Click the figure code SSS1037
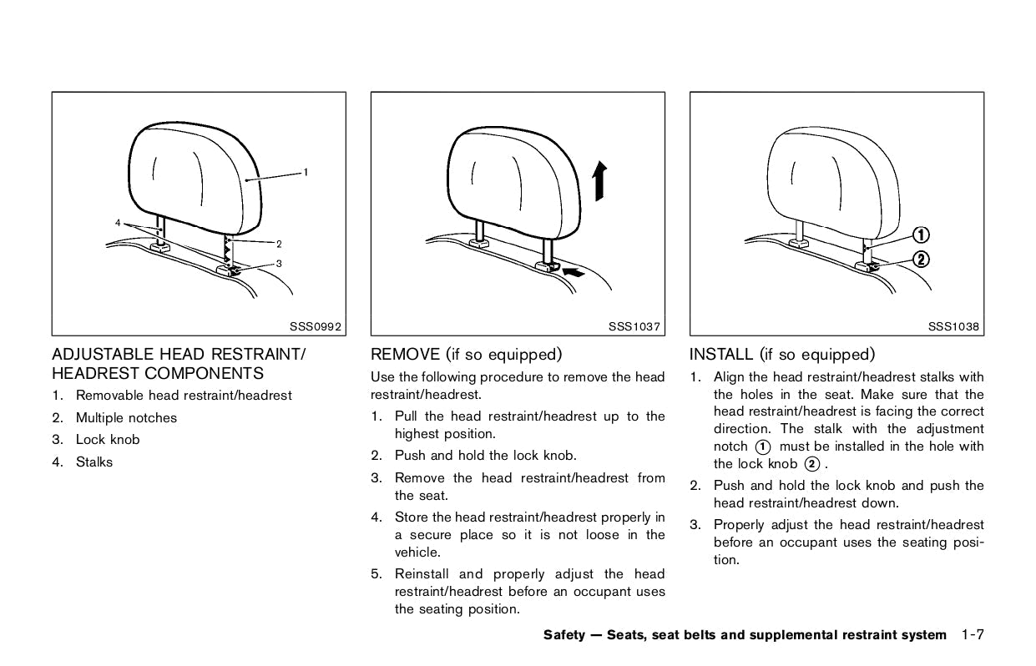pos(636,326)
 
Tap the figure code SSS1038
pos(954,326)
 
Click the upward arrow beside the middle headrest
pos(599,181)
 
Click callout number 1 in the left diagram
pos(306,172)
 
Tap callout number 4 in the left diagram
pos(119,223)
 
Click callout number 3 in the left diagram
pos(278,263)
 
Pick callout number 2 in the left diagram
pos(278,244)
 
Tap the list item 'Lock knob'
pos(108,440)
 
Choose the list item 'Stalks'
pos(93,462)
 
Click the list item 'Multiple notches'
pos(126,417)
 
